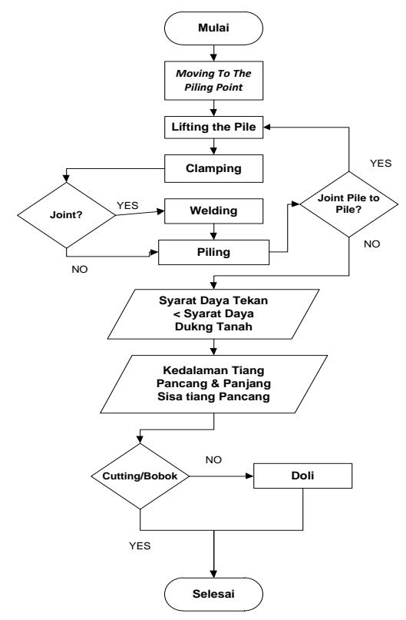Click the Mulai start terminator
click(x=213, y=28)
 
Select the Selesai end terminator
click(x=213, y=594)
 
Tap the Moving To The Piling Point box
click(x=213, y=80)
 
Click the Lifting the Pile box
click(x=213, y=128)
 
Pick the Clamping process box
click(x=213, y=168)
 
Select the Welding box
click(x=213, y=211)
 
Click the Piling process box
click(x=213, y=252)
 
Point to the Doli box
click(x=302, y=476)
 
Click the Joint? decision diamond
click(x=66, y=215)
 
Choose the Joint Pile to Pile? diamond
click(x=348, y=204)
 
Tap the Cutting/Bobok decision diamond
click(x=140, y=476)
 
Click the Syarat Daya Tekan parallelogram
click(x=213, y=314)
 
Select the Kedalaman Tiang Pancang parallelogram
click(x=213, y=384)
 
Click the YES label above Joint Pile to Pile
click(x=381, y=164)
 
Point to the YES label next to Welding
click(x=127, y=206)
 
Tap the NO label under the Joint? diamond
click(x=80, y=269)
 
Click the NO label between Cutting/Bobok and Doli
click(x=213, y=460)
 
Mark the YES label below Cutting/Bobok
click(x=140, y=546)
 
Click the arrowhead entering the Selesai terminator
click(x=213, y=574)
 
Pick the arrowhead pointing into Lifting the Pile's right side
click(x=267, y=128)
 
